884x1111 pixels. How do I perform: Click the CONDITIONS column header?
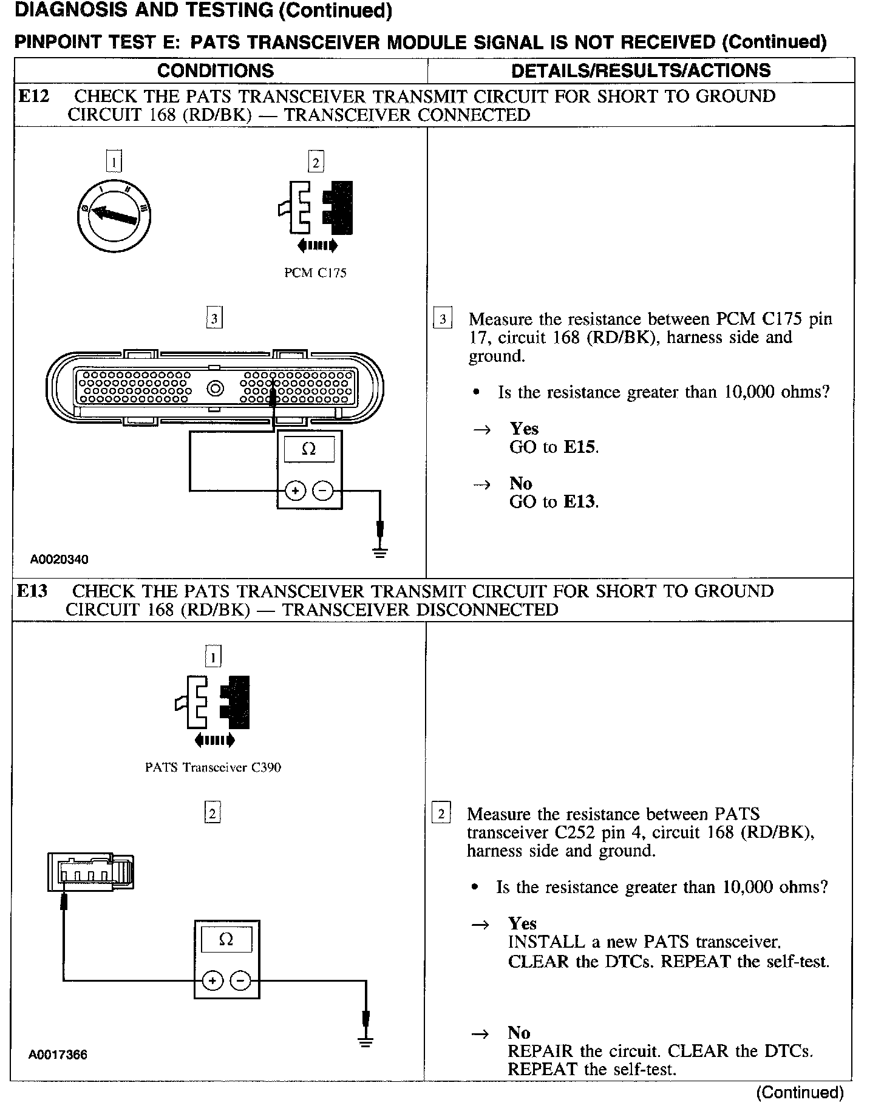pos(215,70)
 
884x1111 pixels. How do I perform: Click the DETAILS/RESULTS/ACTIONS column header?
pos(641,70)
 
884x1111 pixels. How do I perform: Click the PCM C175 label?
pos(316,273)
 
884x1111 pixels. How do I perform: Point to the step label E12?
pos(33,97)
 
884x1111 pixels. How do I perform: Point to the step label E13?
pos(32,591)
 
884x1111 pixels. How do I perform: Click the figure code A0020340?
pos(59,559)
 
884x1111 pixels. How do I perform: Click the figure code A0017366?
pos(58,1055)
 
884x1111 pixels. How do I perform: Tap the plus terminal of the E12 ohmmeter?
pos(295,490)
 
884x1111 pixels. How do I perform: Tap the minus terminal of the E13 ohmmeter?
pos(241,980)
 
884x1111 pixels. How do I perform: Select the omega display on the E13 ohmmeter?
pos(226,940)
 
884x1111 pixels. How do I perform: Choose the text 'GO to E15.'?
pos(554,447)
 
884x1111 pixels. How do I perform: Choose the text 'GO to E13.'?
pos(554,502)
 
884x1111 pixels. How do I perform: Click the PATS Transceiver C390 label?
pos(213,767)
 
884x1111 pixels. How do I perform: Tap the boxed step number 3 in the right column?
pos(443,319)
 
